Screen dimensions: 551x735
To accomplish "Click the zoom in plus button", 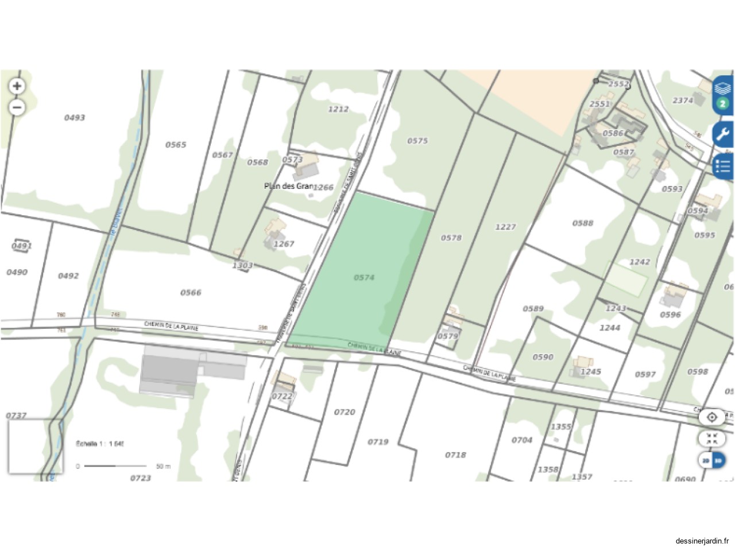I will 17,86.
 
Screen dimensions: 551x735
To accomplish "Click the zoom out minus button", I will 17,107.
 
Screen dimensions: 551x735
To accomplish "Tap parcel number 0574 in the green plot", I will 364,278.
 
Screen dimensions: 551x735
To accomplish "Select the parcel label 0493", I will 75,118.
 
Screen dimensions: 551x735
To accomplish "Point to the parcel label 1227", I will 505,227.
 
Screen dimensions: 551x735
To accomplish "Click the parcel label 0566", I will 191,293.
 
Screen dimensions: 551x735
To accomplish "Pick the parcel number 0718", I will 455,455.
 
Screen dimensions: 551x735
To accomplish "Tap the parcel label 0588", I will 583,223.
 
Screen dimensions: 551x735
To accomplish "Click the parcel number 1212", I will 338,109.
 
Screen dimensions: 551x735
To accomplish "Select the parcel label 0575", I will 417,141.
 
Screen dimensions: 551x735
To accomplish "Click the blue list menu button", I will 723,166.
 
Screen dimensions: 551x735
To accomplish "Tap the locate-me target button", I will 712,417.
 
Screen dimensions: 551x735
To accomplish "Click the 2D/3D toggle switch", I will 712,460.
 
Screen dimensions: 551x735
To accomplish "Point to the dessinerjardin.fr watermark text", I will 702,541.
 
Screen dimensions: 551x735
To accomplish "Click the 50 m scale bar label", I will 164,467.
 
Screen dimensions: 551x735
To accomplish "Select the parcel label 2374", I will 683,100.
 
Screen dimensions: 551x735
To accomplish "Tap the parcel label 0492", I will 68,276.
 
